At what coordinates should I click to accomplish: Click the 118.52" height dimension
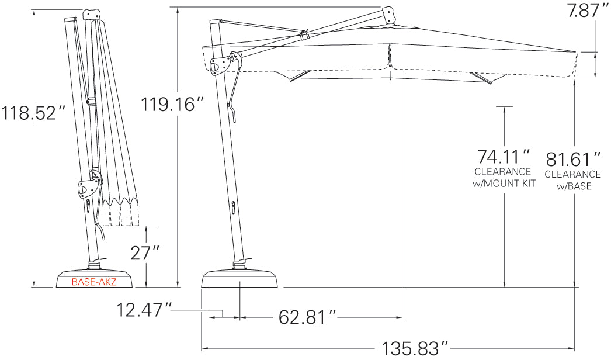33,112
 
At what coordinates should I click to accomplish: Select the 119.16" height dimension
172,104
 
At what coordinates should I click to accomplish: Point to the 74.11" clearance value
503,157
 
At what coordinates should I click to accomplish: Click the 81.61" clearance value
573,159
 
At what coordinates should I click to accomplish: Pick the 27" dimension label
144,254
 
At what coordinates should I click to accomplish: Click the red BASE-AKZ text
93,282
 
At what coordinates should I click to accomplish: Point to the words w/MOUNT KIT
503,184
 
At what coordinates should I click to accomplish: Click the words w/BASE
573,186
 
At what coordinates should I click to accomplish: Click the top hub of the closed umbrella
89,13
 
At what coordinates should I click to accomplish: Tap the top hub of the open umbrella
388,15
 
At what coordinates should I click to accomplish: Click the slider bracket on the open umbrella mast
221,65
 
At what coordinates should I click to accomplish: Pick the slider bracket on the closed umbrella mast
88,188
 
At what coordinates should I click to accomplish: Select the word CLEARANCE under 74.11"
503,172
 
